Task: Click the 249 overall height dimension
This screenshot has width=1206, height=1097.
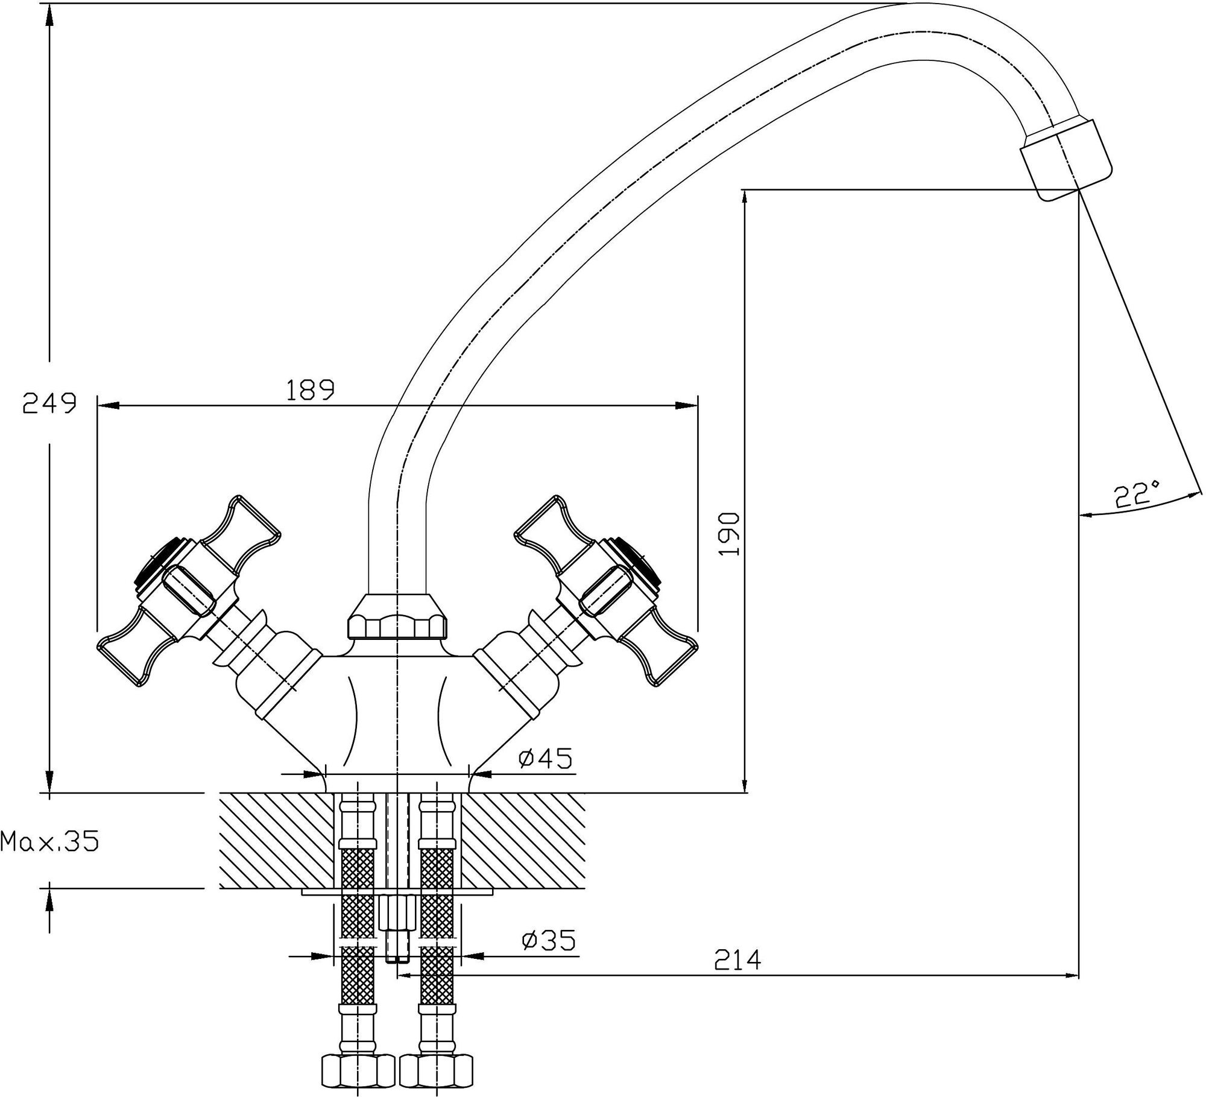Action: tap(49, 403)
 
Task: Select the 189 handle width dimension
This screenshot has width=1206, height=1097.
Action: tap(309, 390)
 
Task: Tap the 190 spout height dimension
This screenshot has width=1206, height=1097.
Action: tap(730, 534)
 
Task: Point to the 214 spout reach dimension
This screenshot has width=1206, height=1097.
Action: tap(737, 977)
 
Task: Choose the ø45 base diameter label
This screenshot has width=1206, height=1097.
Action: tap(545, 758)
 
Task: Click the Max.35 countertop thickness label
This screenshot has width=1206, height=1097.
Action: tap(49, 841)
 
